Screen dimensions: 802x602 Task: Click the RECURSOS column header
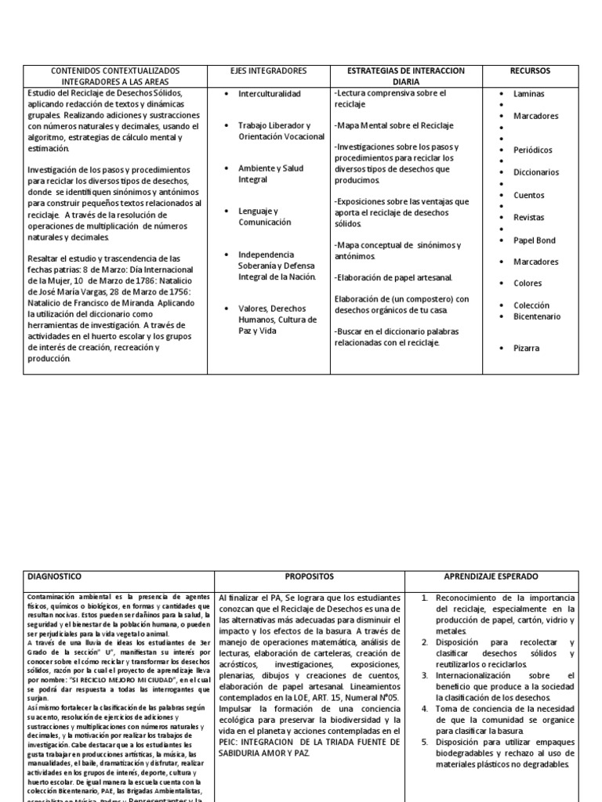point(531,70)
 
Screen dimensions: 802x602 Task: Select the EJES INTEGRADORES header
point(274,70)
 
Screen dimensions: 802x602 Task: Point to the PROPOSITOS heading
point(310,576)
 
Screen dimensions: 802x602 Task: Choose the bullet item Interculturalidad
point(269,94)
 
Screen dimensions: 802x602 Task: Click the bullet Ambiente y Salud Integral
point(270,173)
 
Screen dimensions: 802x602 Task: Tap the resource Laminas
point(528,94)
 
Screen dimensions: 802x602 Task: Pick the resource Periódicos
point(532,150)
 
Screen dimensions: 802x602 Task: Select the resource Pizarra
point(526,348)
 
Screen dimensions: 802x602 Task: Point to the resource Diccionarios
point(536,172)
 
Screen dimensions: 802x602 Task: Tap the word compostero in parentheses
point(414,298)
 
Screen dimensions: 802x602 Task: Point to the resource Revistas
point(528,217)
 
